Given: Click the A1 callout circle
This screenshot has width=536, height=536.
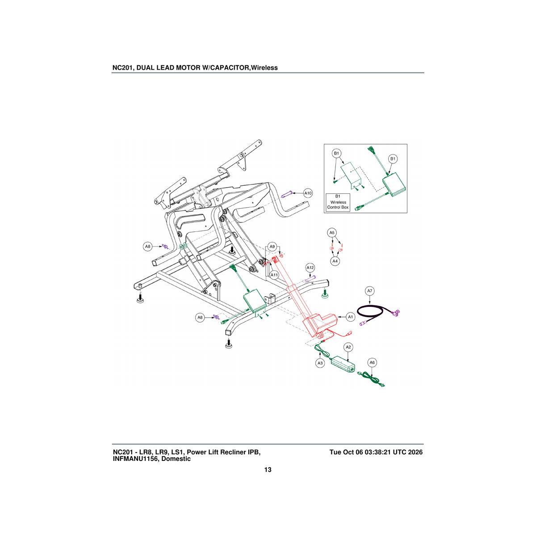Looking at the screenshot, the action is click(351, 317).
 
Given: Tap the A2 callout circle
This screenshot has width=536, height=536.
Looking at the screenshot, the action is click(348, 347).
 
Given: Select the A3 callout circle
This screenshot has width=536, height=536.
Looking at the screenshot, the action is click(320, 363).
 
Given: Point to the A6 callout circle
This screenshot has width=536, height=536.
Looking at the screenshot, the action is click(372, 362).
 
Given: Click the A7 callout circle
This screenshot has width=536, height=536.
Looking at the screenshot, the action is click(370, 291).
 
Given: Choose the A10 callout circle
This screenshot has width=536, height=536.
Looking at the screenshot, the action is click(308, 193).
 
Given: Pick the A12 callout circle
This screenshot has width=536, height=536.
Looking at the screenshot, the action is click(310, 268).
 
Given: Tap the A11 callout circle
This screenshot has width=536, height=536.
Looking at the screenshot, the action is click(274, 275).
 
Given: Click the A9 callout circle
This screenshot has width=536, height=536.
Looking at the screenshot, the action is click(272, 247).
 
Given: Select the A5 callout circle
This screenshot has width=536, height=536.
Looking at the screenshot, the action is click(332, 233).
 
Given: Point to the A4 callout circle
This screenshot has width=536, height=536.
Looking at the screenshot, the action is click(335, 261).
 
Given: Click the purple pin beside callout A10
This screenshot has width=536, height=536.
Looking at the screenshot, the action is click(287, 194).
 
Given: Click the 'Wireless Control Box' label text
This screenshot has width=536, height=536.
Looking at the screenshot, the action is click(338, 205).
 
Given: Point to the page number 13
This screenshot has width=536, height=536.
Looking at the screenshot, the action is click(268, 469).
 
